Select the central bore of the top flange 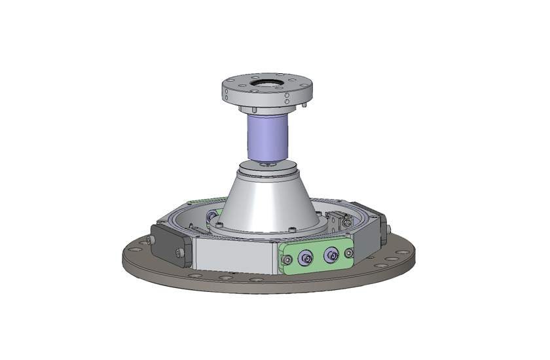[x=267, y=83]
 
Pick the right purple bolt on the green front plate [x=332, y=255]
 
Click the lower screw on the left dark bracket [x=180, y=256]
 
